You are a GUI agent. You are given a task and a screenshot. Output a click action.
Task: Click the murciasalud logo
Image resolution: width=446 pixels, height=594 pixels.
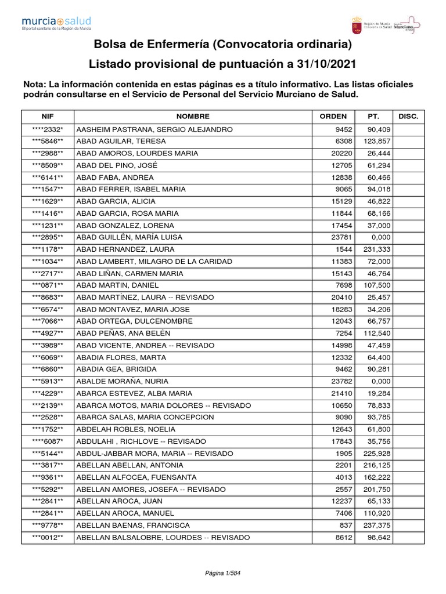pyautogui.click(x=56, y=24)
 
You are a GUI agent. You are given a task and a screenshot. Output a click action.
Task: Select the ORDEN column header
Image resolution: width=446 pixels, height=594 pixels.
pyautogui.click(x=333, y=117)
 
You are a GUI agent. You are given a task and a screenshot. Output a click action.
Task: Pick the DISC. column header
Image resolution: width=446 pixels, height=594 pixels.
pyautogui.click(x=409, y=117)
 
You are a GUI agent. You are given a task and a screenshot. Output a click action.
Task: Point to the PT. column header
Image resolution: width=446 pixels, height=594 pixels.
pyautogui.click(x=373, y=117)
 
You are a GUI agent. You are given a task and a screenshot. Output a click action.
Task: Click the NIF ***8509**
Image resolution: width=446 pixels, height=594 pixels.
pyautogui.click(x=48, y=165)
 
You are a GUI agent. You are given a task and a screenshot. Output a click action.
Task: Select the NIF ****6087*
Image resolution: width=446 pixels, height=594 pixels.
pyautogui.click(x=48, y=441)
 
